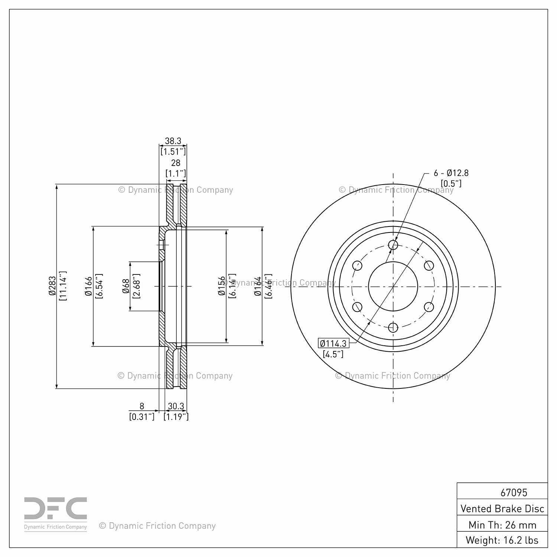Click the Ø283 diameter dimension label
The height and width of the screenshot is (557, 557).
[x=52, y=286]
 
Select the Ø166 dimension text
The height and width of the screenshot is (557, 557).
[x=88, y=286]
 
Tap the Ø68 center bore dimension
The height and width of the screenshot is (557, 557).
[x=126, y=286]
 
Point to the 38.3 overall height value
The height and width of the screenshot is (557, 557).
[x=173, y=141]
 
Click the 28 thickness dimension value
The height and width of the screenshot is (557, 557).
[x=176, y=163]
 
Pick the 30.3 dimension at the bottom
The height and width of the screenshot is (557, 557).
[x=176, y=406]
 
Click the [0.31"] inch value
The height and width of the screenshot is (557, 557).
[x=141, y=417]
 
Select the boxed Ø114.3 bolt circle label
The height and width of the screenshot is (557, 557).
[x=333, y=343]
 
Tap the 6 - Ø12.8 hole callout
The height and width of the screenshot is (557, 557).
[x=451, y=173]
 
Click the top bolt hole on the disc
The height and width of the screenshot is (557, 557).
[x=393, y=245]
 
